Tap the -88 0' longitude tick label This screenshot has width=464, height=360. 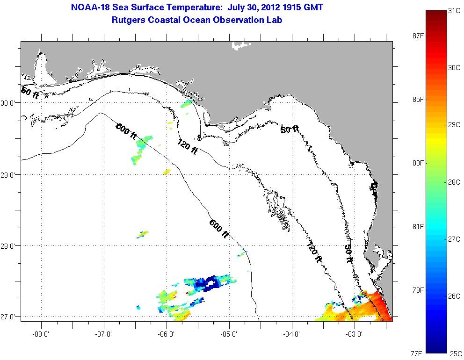41,334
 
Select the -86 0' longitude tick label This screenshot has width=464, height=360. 167,334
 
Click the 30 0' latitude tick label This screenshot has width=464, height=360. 10,103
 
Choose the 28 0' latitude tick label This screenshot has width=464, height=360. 10,246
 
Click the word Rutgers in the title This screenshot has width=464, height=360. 126,20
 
